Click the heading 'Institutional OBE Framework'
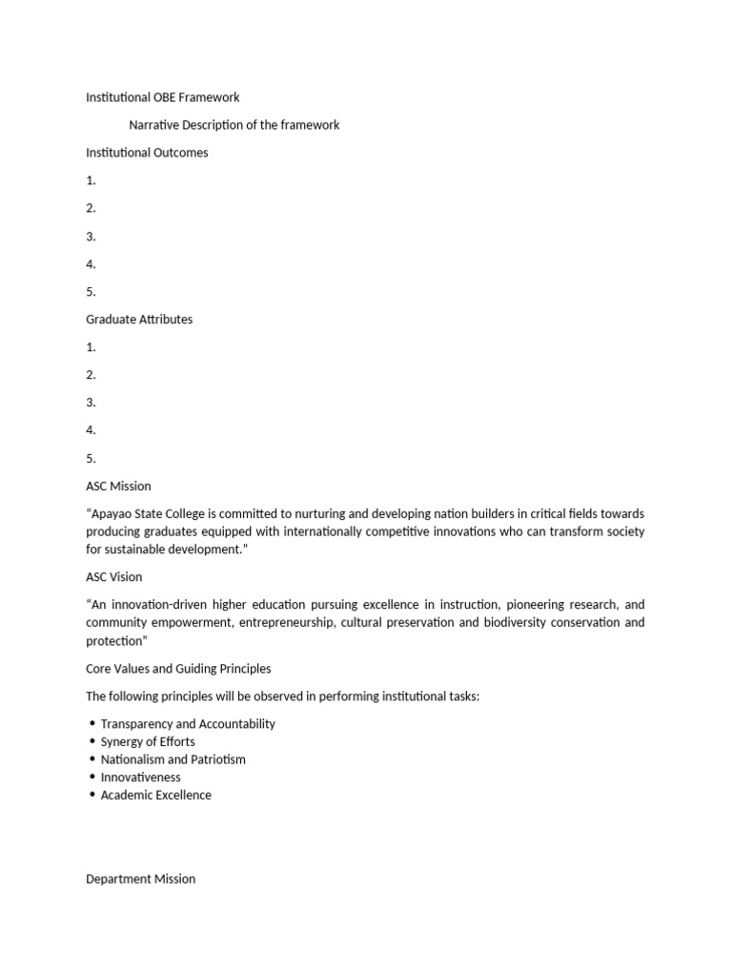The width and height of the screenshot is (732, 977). click(162, 97)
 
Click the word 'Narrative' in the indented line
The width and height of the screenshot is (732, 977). click(154, 125)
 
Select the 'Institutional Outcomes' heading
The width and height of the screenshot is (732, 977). click(147, 153)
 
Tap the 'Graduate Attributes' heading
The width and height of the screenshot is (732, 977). click(139, 320)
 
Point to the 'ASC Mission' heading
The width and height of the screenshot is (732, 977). click(118, 487)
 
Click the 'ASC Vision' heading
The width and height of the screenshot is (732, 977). click(114, 577)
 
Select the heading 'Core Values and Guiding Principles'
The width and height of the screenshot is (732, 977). click(178, 669)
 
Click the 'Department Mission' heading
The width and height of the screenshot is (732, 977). click(140, 879)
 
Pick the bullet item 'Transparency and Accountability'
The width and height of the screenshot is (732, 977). click(188, 724)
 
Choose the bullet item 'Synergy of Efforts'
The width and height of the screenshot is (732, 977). click(148, 741)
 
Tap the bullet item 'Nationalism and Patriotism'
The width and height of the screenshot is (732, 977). click(173, 759)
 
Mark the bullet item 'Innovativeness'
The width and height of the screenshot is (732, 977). click(140, 778)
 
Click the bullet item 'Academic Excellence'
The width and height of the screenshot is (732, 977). click(156, 795)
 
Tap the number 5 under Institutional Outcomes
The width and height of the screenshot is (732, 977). click(91, 292)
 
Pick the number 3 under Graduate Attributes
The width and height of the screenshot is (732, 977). click(91, 403)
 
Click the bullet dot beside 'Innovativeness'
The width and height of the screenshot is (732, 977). click(91, 778)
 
